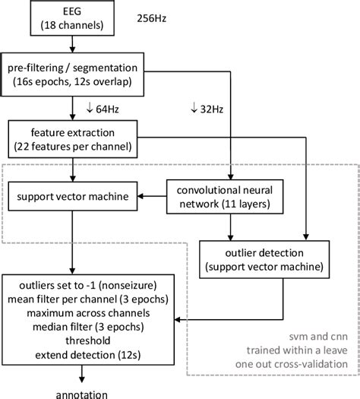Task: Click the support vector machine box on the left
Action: (x=72, y=198)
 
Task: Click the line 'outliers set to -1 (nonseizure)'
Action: (x=73, y=287)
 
